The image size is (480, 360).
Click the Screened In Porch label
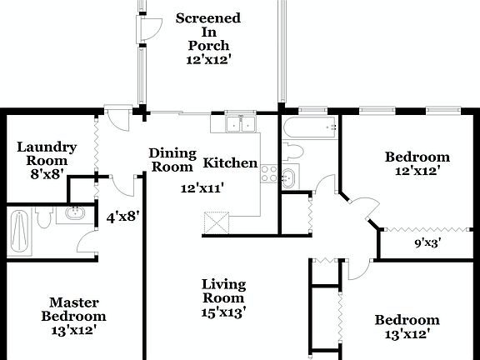point(208,32)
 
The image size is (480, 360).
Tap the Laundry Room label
point(47,153)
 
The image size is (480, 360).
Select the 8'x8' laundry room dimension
point(47,175)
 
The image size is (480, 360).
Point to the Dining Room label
point(172,159)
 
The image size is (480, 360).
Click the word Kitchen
point(230,162)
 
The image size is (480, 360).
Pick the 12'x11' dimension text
point(202,188)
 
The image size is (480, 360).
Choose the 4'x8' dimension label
point(122,215)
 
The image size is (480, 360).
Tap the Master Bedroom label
point(74,309)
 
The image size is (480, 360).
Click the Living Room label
point(223,291)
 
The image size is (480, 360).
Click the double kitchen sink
point(238,124)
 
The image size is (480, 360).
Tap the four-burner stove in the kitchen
point(268,173)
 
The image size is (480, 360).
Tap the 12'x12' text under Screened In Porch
point(208,60)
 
